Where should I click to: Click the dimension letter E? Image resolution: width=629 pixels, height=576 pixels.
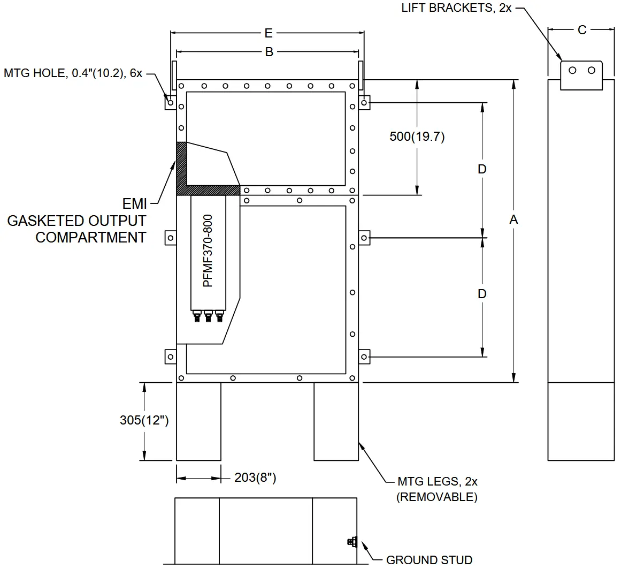269,33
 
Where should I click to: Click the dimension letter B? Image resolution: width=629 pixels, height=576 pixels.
270,52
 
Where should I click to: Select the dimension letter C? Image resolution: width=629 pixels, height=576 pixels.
582,30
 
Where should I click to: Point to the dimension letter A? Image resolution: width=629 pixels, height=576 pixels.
514,219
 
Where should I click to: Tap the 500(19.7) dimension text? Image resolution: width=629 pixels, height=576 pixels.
417,137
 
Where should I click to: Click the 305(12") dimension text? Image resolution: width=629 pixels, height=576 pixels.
144,420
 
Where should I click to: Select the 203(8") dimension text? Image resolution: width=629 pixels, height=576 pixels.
255,478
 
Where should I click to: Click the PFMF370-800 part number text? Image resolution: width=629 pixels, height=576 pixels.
208,251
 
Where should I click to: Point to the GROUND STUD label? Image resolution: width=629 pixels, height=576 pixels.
429,560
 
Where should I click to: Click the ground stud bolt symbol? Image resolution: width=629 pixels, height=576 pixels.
351,542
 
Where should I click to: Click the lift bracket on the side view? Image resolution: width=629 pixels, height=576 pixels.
581,75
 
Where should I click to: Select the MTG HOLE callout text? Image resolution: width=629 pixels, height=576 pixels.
73,73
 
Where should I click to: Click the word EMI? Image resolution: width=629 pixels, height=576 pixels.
135,204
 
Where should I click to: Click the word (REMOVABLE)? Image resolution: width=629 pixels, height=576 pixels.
436,497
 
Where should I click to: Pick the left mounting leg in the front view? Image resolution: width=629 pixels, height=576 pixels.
198,421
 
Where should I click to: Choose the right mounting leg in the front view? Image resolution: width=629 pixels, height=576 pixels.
336,421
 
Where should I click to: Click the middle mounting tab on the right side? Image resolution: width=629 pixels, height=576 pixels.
364,237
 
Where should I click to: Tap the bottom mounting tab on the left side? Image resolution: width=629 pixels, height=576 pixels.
170,357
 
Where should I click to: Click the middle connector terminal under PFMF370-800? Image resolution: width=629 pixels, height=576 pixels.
209,317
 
